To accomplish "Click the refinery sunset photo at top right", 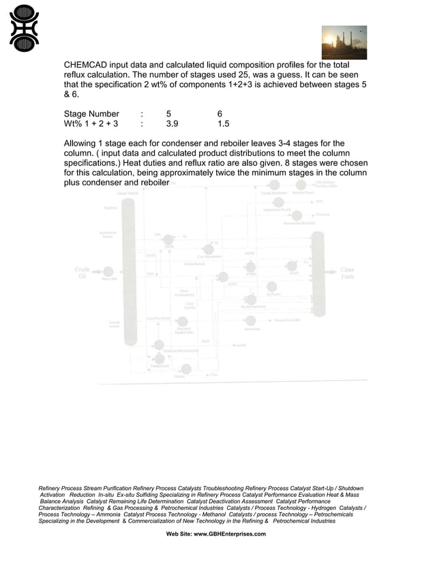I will (344, 42).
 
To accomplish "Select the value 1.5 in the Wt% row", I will (224, 124).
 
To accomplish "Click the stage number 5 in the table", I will (168, 114).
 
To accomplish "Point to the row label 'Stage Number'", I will (91, 114).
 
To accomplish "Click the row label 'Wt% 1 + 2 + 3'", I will (91, 124).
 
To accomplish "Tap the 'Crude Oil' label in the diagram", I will (82, 273).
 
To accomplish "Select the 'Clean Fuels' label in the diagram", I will (347, 273).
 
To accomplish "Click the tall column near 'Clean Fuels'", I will (318, 273).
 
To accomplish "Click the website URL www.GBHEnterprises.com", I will (230, 534).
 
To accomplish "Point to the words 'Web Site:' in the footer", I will (179, 534).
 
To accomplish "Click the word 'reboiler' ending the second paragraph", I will (153, 183).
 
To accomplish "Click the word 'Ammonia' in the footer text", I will (103, 514).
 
